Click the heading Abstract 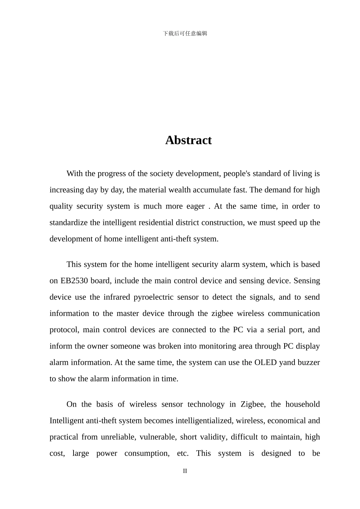coord(188,140)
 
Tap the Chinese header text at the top coord(185,33)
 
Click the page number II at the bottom coord(185,471)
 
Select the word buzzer coord(309,362)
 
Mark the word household coord(302,404)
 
